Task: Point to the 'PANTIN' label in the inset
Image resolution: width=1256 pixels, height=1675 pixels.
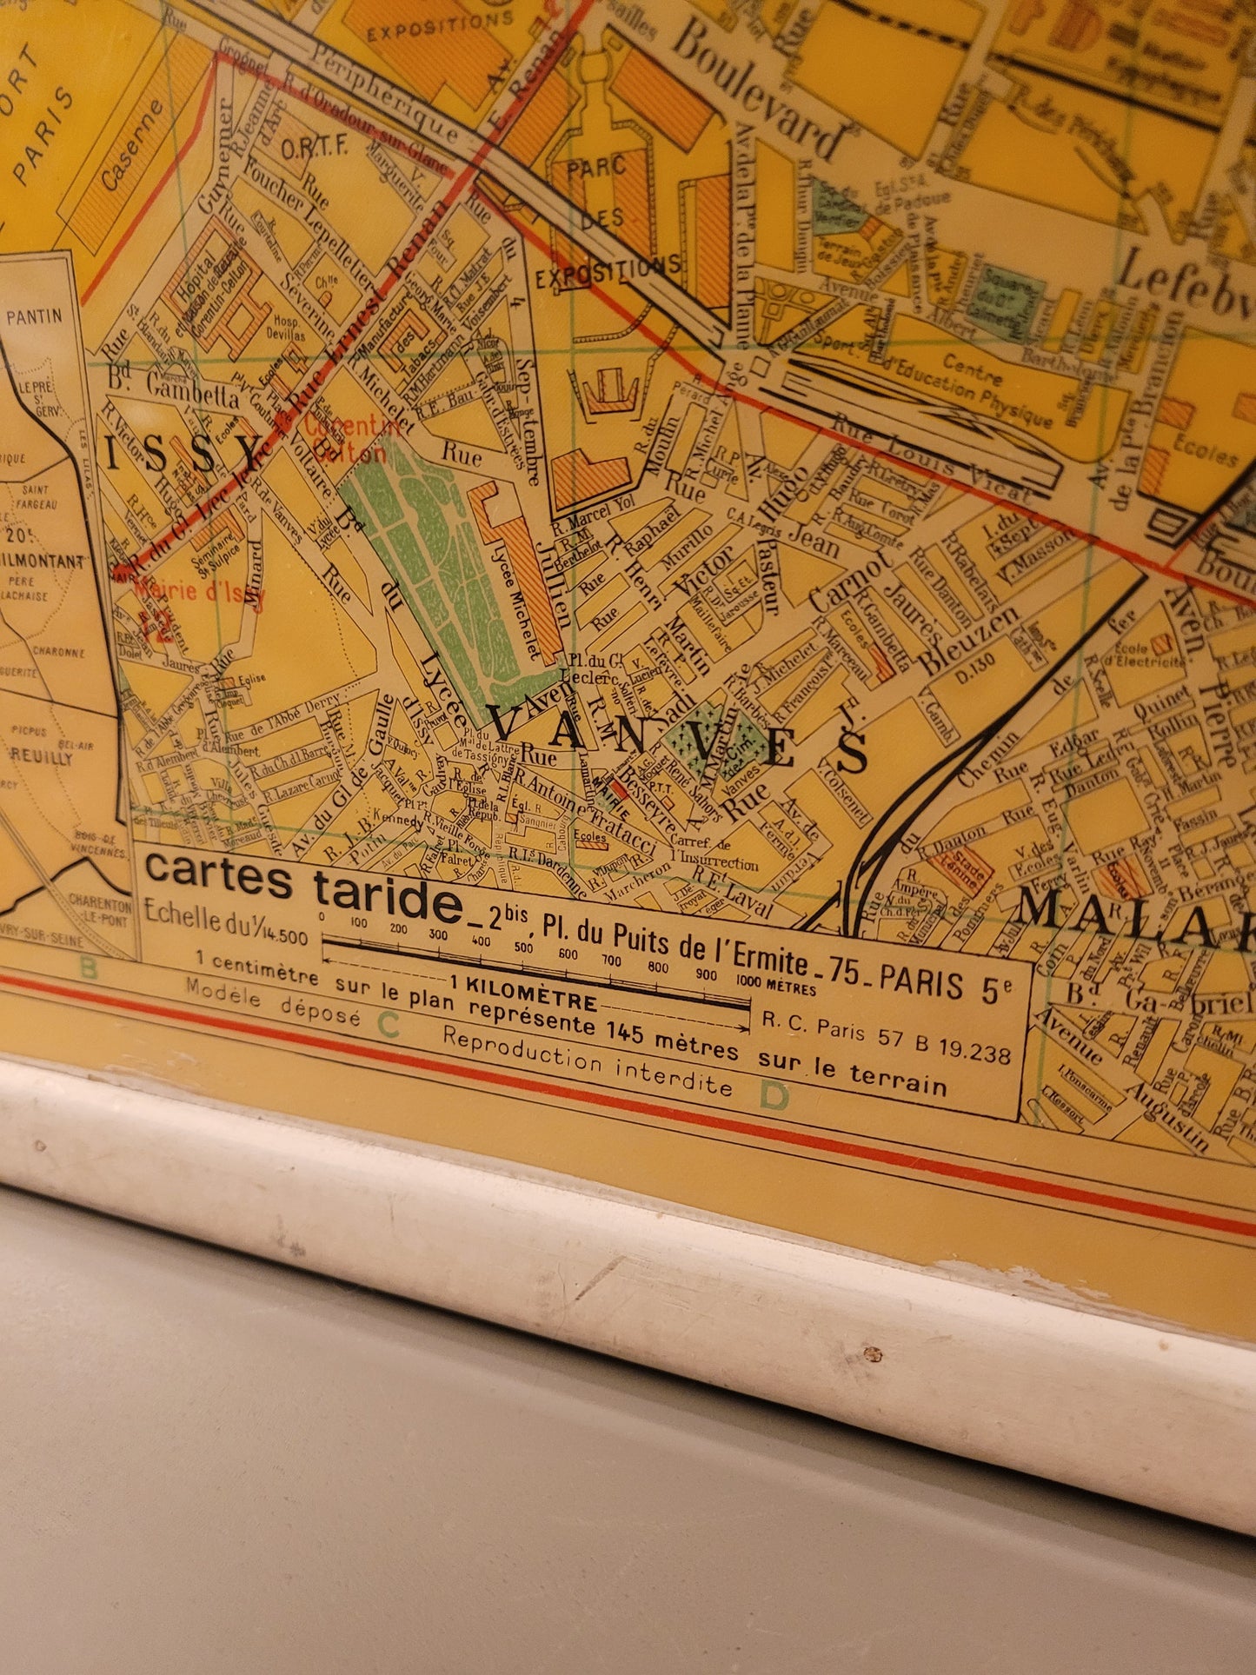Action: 34,316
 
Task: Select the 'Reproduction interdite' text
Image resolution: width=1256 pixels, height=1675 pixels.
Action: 588,1061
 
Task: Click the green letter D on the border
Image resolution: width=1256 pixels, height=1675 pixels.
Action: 774,1097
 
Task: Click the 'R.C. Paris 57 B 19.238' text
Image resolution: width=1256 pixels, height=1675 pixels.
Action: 887,1038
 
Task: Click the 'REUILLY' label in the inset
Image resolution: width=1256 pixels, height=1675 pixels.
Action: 41,756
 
